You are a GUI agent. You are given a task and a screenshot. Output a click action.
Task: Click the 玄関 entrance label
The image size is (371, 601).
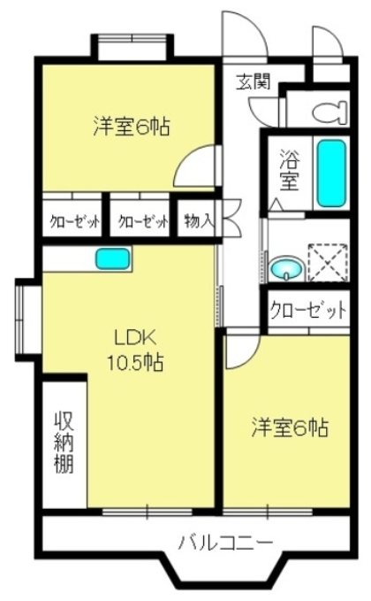(253, 83)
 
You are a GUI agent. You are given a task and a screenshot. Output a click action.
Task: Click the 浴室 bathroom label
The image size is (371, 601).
(289, 171)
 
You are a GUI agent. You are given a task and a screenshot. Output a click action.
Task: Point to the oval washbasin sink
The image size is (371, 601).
(284, 267)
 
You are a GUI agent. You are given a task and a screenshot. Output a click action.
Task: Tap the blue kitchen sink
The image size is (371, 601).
(113, 259)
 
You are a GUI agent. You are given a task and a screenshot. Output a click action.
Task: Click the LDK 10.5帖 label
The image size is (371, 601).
(134, 349)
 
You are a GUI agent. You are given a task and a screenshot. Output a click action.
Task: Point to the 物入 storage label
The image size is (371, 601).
(198, 221)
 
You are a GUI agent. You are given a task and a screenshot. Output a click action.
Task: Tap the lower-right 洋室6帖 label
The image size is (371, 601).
(289, 428)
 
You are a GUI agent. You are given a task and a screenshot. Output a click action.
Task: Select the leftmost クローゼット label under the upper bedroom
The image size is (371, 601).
(73, 222)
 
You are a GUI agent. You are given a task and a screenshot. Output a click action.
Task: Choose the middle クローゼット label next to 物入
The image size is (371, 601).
(142, 222)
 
